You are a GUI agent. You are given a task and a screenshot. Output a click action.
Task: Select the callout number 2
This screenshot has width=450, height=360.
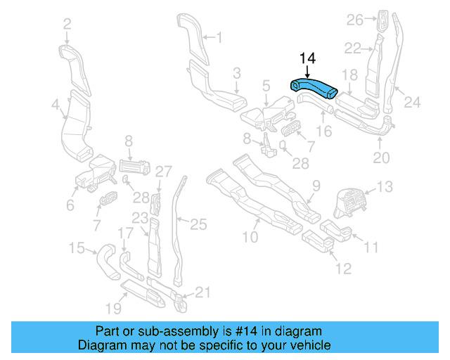pos(67,25)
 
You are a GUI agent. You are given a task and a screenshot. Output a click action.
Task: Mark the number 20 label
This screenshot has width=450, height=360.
pos(380,158)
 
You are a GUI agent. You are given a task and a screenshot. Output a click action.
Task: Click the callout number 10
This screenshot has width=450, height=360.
pos(250,238)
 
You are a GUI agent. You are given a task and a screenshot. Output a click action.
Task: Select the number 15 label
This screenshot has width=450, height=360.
pos(77,247)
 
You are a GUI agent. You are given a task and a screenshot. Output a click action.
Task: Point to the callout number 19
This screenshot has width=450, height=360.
pos(112,307)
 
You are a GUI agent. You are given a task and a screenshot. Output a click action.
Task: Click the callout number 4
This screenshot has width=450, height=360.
pos(55,105)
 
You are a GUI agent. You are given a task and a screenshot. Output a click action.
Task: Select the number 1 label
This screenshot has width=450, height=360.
pos(218,37)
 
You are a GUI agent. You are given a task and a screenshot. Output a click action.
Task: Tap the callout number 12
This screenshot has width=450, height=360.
pos(343,268)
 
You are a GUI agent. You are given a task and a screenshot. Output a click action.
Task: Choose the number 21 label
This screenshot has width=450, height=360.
pos(202,292)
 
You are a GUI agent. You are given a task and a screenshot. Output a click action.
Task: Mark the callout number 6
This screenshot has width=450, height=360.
pos(70,205)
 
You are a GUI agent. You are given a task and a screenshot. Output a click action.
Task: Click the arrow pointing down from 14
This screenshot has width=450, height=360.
pos(307,71)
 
